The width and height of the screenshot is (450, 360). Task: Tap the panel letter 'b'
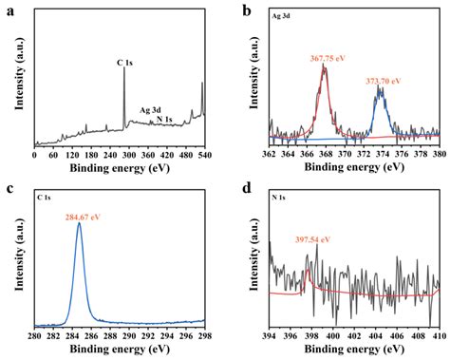click(248, 10)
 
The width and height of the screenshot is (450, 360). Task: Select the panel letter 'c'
click(9, 189)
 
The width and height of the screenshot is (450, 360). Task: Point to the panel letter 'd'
click(248, 189)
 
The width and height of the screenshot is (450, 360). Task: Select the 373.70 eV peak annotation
click(384, 82)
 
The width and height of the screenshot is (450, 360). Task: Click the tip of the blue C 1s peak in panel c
click(78, 224)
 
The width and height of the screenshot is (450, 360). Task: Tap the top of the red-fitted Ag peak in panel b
click(324, 66)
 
